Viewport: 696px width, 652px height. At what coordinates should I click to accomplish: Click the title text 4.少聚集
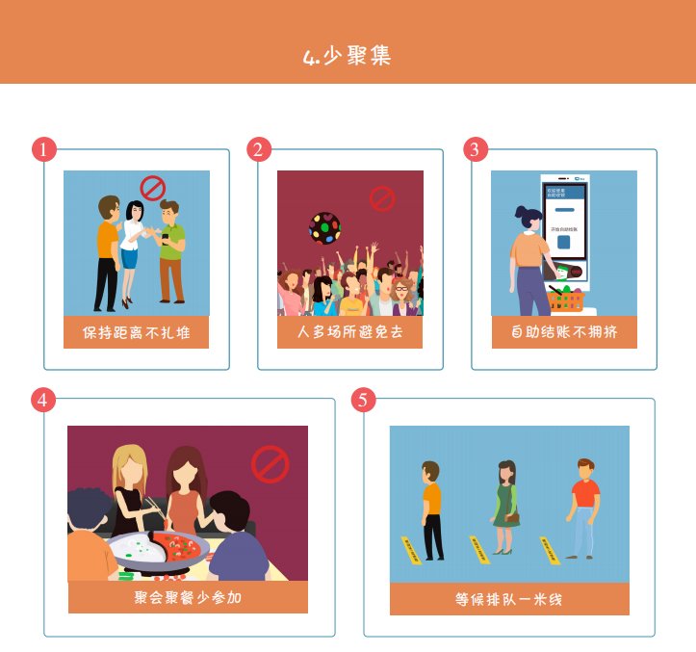pos(348,56)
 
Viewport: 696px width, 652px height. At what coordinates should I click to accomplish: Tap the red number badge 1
pos(44,149)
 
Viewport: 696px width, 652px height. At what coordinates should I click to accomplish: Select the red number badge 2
pos(259,149)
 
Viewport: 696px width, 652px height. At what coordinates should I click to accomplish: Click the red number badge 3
pos(475,149)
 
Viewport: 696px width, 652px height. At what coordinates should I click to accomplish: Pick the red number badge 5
pos(363,400)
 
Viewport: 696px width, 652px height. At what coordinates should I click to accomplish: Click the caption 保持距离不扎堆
pos(136,333)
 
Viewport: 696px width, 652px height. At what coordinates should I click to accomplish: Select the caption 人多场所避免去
pos(350,333)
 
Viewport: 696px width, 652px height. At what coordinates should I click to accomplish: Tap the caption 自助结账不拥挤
pos(564,333)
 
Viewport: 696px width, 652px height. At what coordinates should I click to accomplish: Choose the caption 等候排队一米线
pos(509,599)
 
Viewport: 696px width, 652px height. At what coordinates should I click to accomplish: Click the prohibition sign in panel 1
pos(153,187)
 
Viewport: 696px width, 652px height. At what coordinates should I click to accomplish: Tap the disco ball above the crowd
pos(324,228)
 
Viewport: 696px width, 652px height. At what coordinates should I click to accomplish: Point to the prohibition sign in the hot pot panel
pos(271,464)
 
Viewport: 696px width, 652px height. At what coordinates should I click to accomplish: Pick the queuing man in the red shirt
pos(582,508)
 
